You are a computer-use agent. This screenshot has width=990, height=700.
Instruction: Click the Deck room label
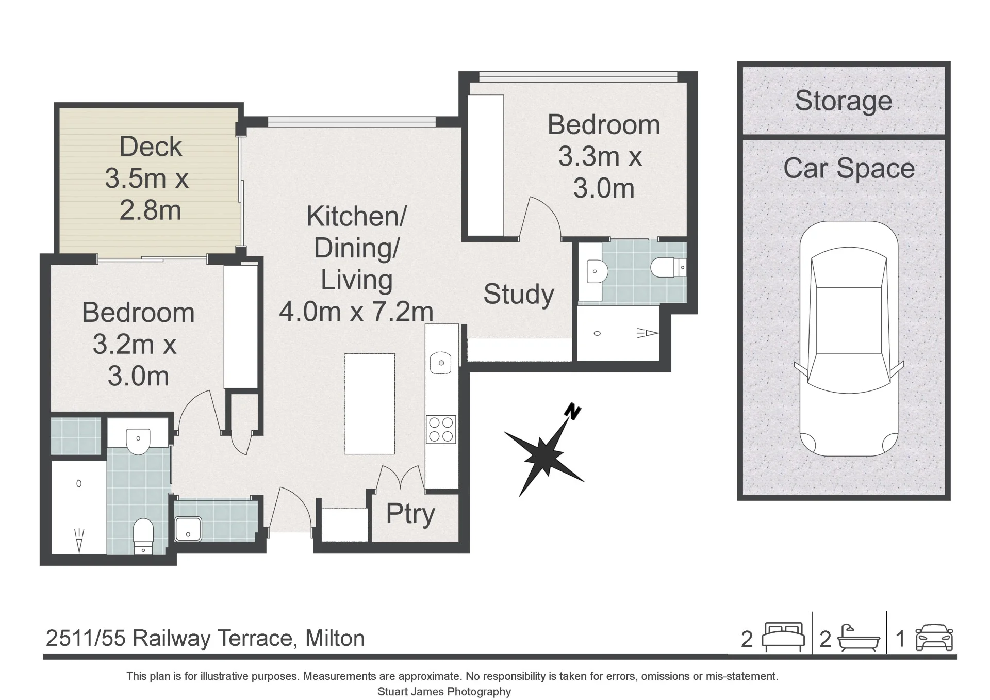coord(151,147)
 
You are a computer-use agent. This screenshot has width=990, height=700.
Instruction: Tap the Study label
coord(519,295)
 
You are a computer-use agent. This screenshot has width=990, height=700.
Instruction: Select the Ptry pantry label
coord(410,514)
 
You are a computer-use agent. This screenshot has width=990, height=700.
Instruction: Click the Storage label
coord(844,101)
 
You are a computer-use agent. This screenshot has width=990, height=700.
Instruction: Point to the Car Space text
coord(849,169)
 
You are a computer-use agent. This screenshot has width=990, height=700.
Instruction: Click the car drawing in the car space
coord(849,339)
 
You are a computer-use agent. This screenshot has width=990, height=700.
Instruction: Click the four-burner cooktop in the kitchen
coord(441,429)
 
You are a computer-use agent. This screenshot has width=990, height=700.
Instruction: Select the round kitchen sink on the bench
coord(441,363)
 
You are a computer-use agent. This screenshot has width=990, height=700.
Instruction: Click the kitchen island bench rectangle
coord(369,404)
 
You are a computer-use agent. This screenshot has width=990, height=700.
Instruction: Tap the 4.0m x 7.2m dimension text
coord(356,312)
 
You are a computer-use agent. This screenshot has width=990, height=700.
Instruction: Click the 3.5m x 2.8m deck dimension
coord(150,194)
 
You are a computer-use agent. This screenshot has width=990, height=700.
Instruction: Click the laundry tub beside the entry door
coord(188,529)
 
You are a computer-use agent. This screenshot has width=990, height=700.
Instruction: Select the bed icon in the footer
coord(783,636)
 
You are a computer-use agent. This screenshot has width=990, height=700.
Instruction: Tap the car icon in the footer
coord(934,638)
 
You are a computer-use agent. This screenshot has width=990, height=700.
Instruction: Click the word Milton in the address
coord(335,639)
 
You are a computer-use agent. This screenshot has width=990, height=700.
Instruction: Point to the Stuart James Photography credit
coord(444,692)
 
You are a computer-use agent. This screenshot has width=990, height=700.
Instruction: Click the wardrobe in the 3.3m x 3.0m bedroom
coord(486,166)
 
